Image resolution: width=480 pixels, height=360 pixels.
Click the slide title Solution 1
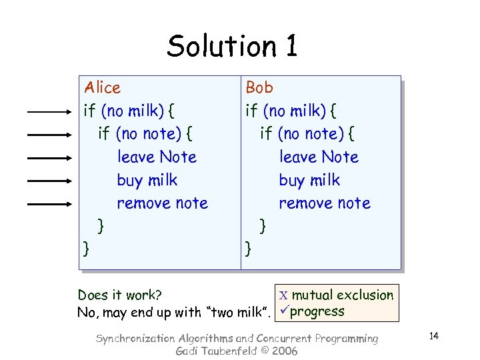pyautogui.click(x=232, y=46)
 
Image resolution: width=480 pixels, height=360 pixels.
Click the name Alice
pyautogui.click(x=102, y=87)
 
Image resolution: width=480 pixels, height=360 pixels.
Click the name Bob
pyautogui.click(x=259, y=87)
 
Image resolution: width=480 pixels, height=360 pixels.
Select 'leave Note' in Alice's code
pyautogui.click(x=157, y=157)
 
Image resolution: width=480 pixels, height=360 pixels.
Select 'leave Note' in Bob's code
pyautogui.click(x=319, y=157)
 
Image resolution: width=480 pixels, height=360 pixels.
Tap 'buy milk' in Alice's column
pyautogui.click(x=147, y=180)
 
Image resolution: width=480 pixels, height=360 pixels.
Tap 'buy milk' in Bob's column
pyautogui.click(x=309, y=180)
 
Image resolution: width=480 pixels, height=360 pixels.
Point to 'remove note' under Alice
pyautogui.click(x=162, y=203)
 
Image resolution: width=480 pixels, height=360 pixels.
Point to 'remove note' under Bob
pyautogui.click(x=324, y=203)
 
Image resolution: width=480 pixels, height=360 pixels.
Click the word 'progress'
pyautogui.click(x=318, y=311)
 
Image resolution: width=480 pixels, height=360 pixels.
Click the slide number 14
pyautogui.click(x=433, y=335)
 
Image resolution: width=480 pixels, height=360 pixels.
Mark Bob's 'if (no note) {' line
pyautogui.click(x=307, y=134)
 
